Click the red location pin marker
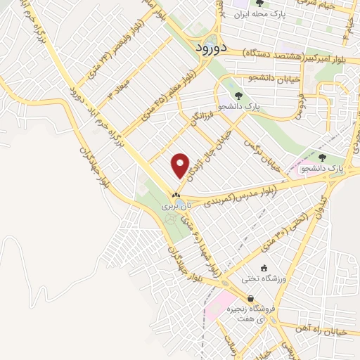[x=181, y=165]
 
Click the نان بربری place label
[x=176, y=207]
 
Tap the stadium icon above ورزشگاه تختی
[x=264, y=268]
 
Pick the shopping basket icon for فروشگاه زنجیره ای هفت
[x=251, y=298]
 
